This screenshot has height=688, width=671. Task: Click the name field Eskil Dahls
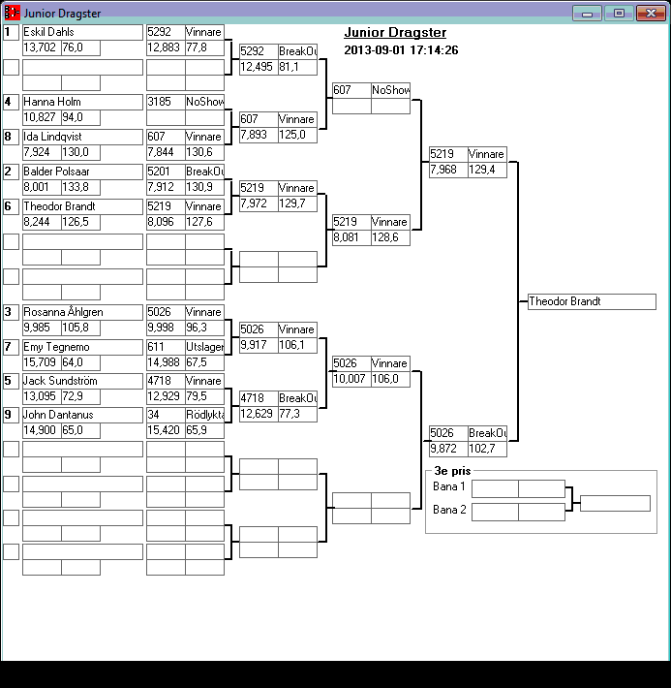82,32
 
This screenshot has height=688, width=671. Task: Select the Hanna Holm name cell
82,102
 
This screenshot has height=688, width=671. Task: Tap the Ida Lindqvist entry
82,137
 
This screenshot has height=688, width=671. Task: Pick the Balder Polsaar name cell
82,172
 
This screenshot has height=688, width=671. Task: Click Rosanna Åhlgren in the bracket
82,312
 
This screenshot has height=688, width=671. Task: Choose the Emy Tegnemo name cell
82,347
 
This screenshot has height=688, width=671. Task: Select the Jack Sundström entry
82,382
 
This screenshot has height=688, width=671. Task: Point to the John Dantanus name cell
82,416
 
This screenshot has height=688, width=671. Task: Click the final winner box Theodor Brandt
592,302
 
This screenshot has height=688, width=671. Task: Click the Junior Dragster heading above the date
395,33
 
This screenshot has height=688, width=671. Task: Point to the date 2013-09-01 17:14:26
401,50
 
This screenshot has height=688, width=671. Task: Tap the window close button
648,14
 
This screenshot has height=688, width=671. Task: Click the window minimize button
587,14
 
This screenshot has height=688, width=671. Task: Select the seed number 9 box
11,416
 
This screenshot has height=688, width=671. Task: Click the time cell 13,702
42,47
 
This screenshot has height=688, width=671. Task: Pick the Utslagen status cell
204,347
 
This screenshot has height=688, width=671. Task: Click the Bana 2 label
449,510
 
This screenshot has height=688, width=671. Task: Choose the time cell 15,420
166,431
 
